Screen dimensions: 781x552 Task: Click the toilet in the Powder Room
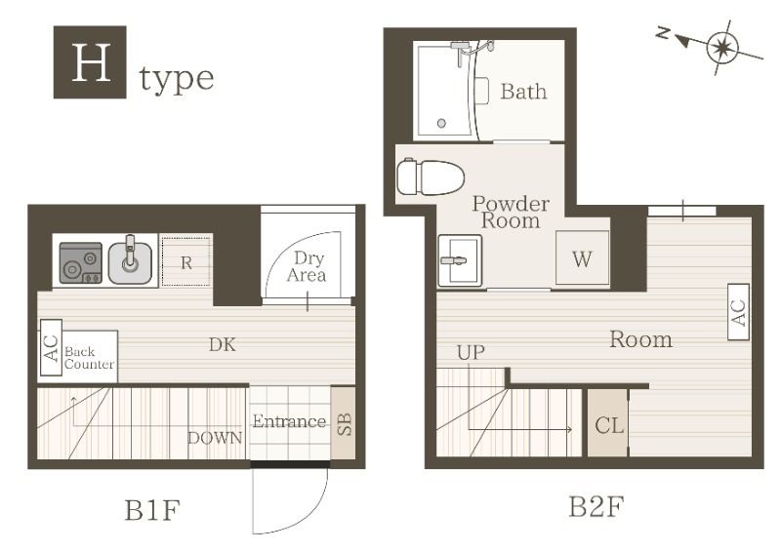point(431,177)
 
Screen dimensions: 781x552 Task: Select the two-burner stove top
point(81,262)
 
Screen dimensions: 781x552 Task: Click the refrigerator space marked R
point(186,262)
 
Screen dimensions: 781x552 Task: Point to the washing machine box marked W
point(582,258)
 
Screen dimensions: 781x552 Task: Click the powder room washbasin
point(460,260)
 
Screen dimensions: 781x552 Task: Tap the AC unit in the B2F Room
point(738,312)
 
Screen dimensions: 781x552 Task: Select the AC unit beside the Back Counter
point(51,348)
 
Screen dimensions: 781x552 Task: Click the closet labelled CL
point(608,423)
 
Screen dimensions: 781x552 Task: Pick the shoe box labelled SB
point(344,423)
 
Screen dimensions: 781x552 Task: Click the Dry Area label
point(308,266)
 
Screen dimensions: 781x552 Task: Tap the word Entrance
point(289,421)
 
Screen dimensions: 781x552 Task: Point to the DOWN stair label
point(215,438)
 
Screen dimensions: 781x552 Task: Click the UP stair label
point(471,352)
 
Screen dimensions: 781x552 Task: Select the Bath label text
point(523,91)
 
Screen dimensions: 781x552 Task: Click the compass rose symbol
point(721,48)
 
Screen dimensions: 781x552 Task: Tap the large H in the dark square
point(91,62)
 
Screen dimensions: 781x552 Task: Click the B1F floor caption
point(152,510)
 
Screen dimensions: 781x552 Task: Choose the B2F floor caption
point(596,507)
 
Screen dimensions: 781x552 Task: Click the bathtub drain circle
point(441,123)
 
